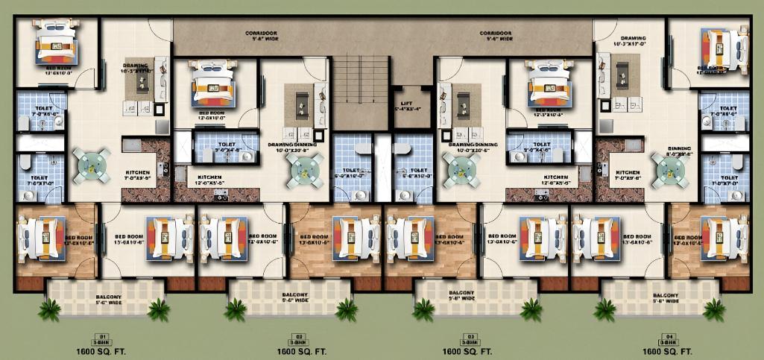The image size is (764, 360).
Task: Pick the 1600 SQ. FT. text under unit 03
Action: click(467, 350)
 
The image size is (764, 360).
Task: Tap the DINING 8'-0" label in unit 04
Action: click(680, 151)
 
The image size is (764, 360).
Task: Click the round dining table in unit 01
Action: click(91, 165)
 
